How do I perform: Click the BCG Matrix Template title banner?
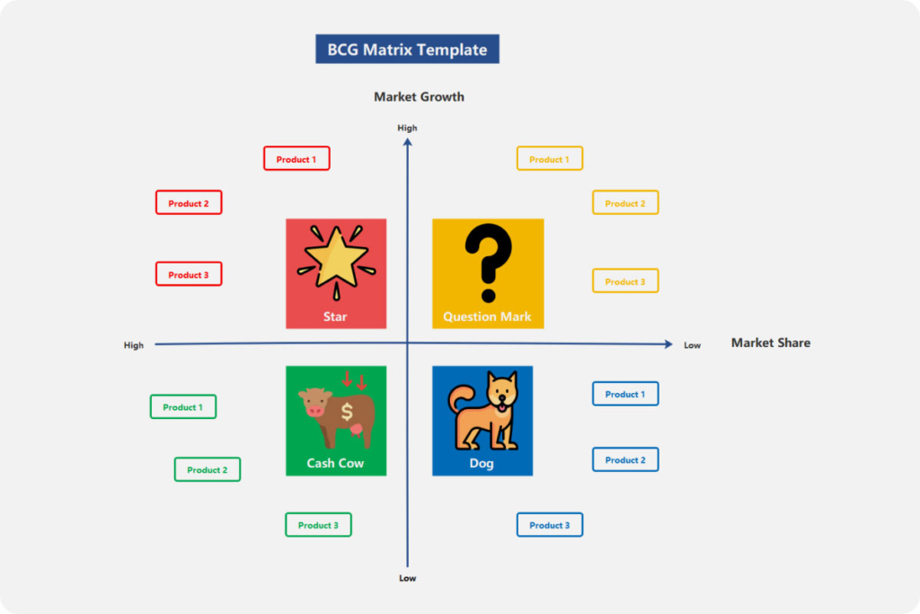coord(407,49)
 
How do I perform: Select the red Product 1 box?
coord(296,158)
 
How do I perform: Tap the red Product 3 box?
coord(189,274)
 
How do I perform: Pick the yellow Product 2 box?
coord(625,202)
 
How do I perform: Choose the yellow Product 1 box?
coord(549,158)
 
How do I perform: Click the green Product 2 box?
coord(208,469)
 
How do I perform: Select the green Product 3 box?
coord(318,525)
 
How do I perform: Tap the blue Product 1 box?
coord(625,393)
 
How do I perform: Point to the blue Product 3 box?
coord(549,525)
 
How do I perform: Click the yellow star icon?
coord(336,259)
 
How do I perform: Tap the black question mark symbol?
coord(488,263)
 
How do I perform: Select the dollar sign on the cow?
coord(347,412)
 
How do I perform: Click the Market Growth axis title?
coord(419,97)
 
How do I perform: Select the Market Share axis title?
coord(770,343)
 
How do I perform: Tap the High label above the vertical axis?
coord(407,128)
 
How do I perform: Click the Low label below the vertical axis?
coord(407,578)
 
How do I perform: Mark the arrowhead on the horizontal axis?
coord(668,344)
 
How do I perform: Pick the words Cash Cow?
coord(335,463)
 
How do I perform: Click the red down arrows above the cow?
coord(354,380)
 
